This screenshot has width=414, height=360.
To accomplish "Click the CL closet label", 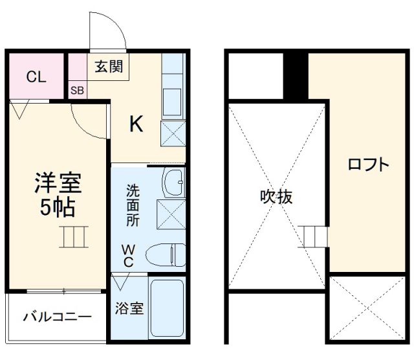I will [x=36, y=77].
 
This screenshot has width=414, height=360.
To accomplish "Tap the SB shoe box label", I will [x=77, y=90].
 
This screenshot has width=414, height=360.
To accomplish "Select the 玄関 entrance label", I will [x=108, y=67].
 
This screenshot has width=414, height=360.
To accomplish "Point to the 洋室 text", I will [x=58, y=183].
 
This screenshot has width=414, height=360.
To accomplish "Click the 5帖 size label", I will [x=58, y=207].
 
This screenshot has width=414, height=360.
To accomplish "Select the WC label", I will [x=129, y=254].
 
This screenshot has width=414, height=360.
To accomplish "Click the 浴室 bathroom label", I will [x=129, y=308].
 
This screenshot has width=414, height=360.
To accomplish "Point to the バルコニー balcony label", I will [x=58, y=317].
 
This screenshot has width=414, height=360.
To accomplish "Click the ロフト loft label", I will [x=369, y=164].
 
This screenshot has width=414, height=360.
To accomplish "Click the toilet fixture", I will [x=165, y=255].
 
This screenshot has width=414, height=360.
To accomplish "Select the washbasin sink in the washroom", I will [x=172, y=183].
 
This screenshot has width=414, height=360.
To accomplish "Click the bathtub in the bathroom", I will [x=168, y=308].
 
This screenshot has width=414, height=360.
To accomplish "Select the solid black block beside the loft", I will [x=296, y=74].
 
